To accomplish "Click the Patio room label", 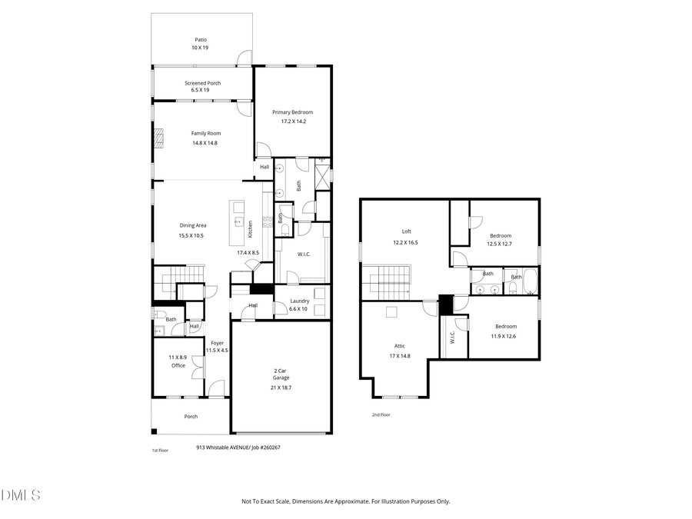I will [200, 39].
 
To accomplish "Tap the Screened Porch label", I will [202, 83].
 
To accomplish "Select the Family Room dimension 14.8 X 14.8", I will [205, 143].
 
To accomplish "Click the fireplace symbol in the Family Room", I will [159, 138].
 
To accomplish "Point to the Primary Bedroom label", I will [292, 112].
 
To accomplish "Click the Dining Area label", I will [192, 225].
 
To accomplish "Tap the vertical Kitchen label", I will [250, 228].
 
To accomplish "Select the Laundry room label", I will [299, 301].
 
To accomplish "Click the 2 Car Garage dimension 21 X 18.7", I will [282, 388].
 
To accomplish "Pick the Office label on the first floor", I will [178, 365].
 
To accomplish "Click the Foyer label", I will [218, 343].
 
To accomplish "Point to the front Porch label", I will [191, 417].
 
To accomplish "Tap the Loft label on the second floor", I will [406, 231].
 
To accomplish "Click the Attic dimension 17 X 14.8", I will [400, 356].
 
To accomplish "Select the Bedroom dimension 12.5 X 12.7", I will [499, 245].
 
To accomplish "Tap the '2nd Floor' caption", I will [381, 415].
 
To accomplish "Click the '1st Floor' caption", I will [159, 450].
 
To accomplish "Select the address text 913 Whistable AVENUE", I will [226, 447].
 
